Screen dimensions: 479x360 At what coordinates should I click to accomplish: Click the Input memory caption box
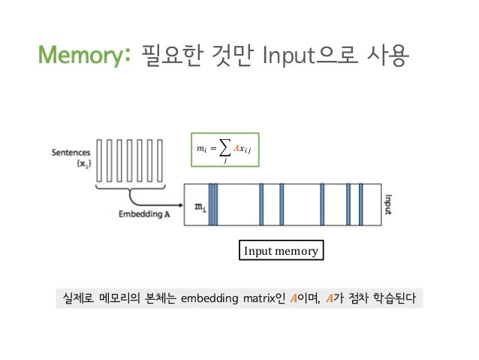(280, 251)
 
